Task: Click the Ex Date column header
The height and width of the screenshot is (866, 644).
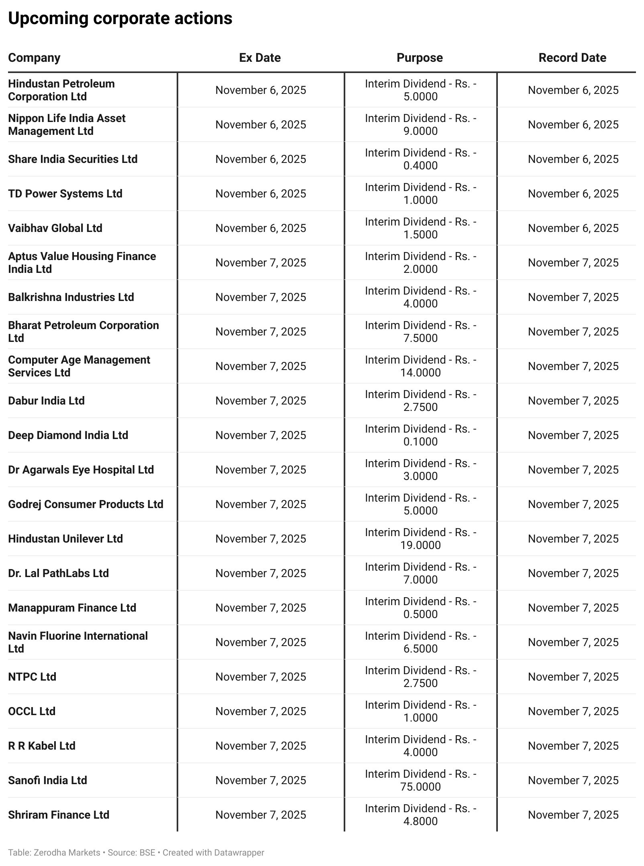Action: pyautogui.click(x=260, y=58)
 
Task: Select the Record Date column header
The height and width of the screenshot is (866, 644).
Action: pyautogui.click(x=572, y=58)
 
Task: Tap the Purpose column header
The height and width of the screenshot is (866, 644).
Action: pyautogui.click(x=420, y=58)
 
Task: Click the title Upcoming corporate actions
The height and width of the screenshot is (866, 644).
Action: pyautogui.click(x=120, y=18)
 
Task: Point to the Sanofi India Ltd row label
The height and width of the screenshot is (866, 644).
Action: pyautogui.click(x=47, y=780)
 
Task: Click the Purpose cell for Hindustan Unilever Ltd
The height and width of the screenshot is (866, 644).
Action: pyautogui.click(x=420, y=539)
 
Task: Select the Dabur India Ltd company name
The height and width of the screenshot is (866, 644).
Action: pyautogui.click(x=46, y=400)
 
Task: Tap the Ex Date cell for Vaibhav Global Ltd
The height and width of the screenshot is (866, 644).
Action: pyautogui.click(x=261, y=228)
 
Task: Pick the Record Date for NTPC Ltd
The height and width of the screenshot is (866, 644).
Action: pyautogui.click(x=573, y=677)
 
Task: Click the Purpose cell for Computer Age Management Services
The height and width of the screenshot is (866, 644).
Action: pyautogui.click(x=420, y=366)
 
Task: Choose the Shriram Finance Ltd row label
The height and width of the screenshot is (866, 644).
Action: pyautogui.click(x=59, y=815)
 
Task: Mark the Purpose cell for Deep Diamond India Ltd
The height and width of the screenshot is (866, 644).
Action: pyautogui.click(x=420, y=435)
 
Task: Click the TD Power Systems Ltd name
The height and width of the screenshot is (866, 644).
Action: pyautogui.click(x=65, y=193)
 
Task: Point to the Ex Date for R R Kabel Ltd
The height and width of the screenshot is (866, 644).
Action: pyautogui.click(x=261, y=746)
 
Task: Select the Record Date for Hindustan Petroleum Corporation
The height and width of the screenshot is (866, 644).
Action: pyautogui.click(x=573, y=90)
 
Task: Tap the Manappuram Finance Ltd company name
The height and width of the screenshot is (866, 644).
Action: pyautogui.click(x=72, y=608)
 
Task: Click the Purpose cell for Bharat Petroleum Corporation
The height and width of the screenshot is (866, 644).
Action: pyautogui.click(x=420, y=331)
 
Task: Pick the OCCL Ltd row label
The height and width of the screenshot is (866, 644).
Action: pyautogui.click(x=32, y=711)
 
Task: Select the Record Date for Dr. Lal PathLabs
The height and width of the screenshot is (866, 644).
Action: pyautogui.click(x=573, y=573)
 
